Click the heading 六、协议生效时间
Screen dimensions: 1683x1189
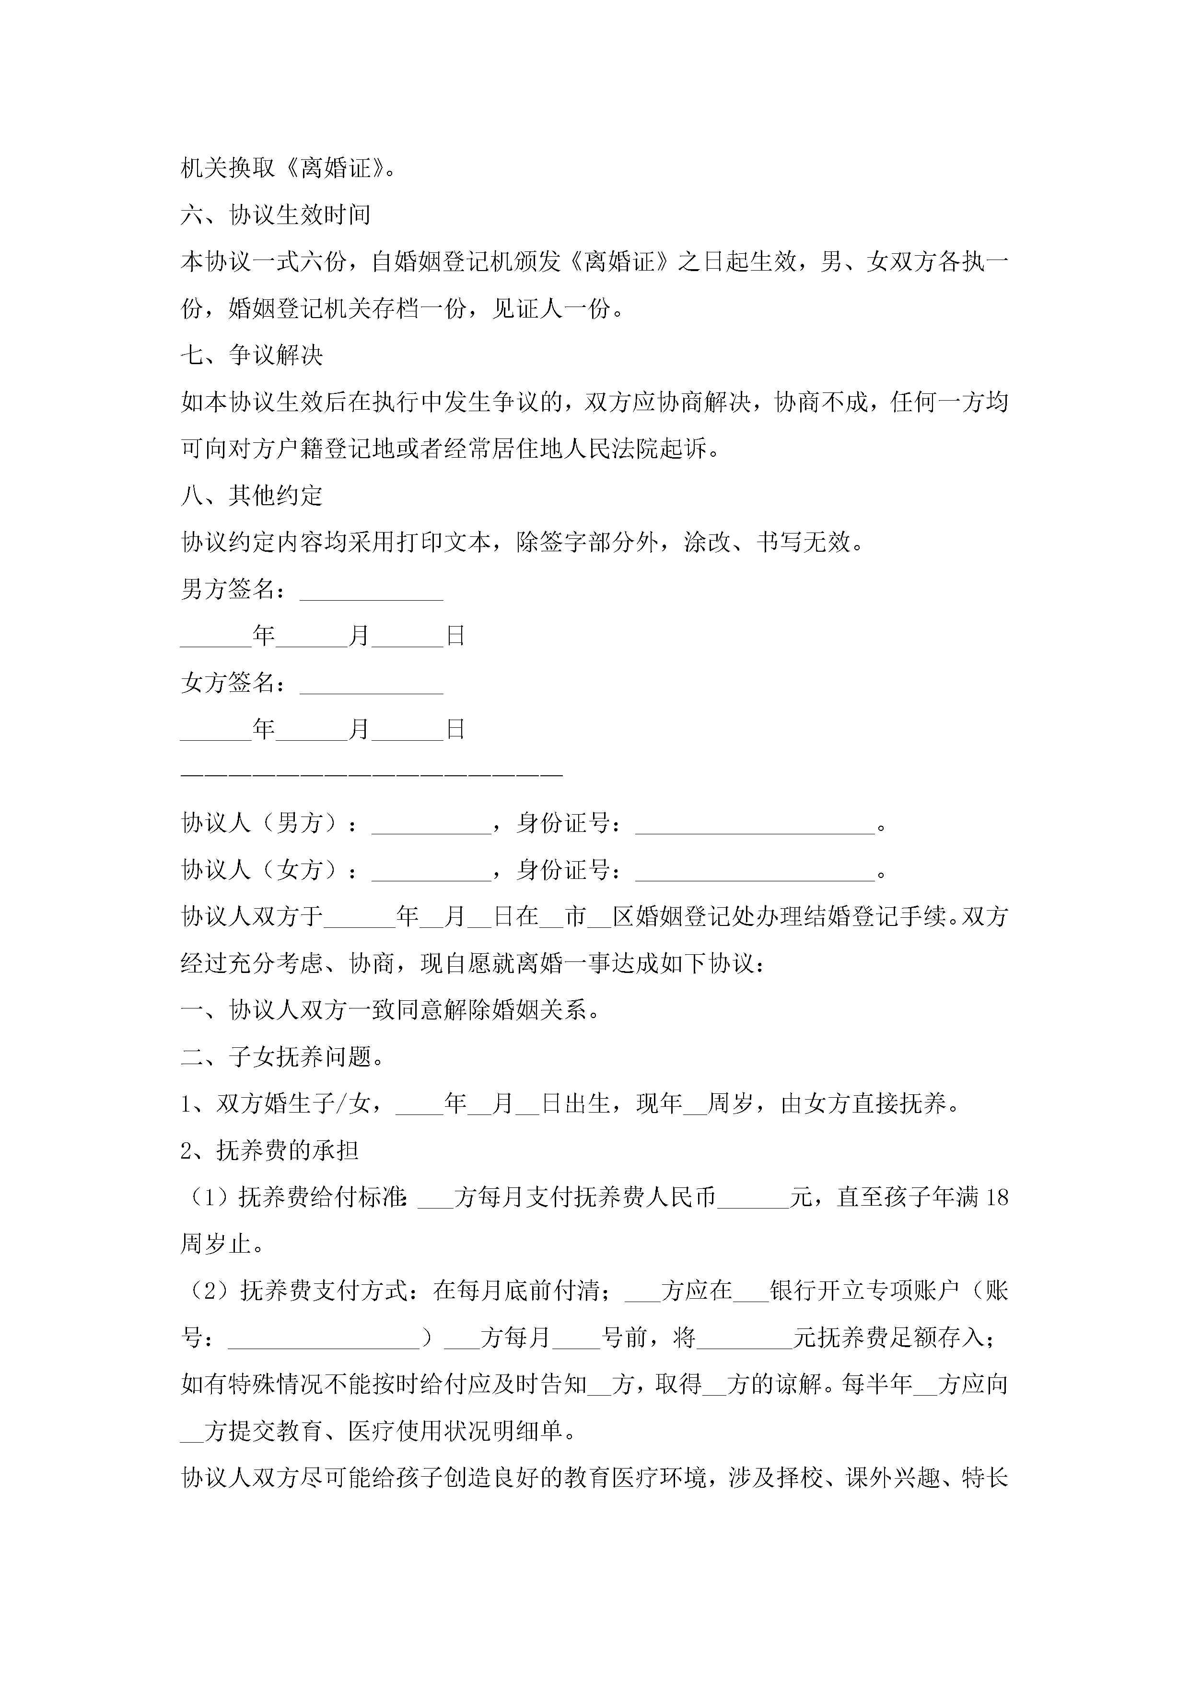[x=276, y=215]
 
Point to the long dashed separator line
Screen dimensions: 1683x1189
[x=372, y=774]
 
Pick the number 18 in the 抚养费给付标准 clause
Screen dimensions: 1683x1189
[x=997, y=1198]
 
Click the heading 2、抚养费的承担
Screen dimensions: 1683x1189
[x=269, y=1151]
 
